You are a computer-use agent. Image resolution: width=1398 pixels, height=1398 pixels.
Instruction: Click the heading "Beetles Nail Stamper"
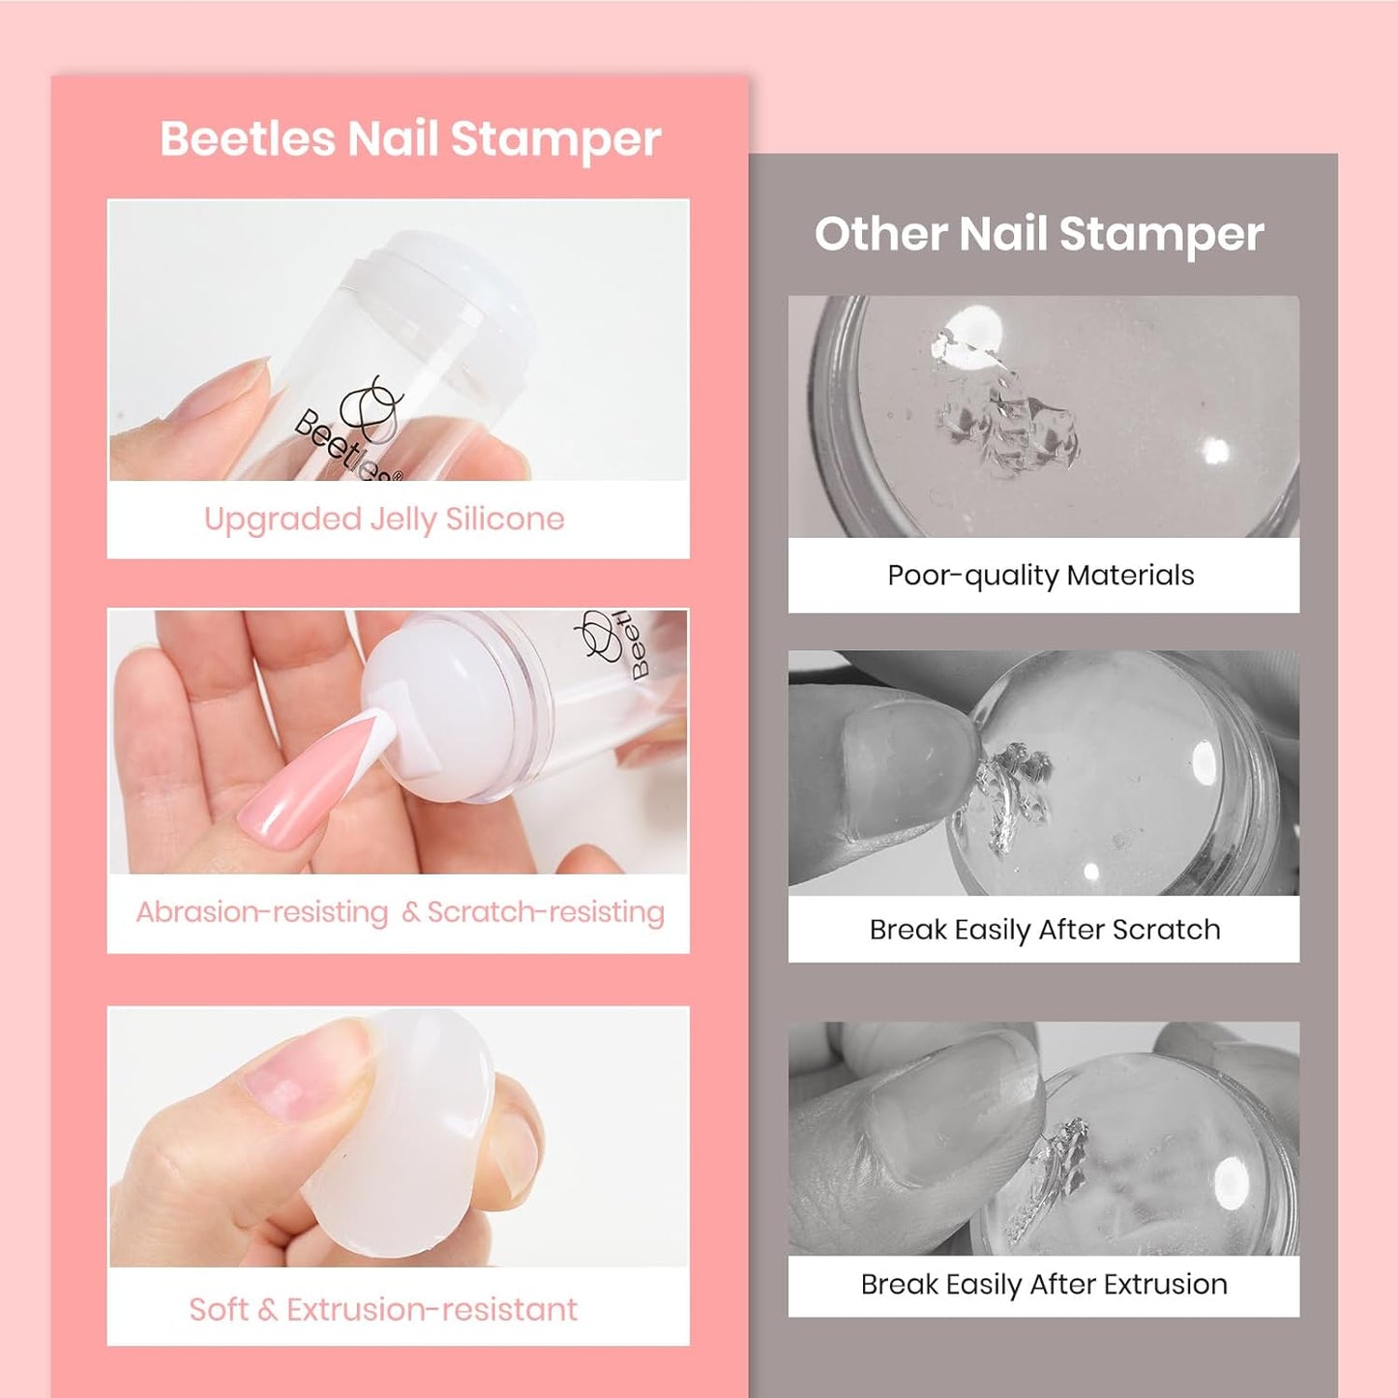[410, 138]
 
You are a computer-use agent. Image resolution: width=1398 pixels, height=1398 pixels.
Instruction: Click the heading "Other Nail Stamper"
[1039, 234]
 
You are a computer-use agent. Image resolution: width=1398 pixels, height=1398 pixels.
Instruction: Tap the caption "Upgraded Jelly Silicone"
[384, 520]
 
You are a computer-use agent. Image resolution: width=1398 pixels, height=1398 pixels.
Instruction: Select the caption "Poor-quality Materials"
[1041, 576]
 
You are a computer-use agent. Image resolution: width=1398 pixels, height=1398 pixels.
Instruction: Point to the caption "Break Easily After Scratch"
[1045, 930]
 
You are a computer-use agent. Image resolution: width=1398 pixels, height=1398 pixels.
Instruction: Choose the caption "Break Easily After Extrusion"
[1044, 1285]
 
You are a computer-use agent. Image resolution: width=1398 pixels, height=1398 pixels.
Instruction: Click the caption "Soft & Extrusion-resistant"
[383, 1310]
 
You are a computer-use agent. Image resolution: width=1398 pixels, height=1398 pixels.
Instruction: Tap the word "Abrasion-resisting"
[262, 912]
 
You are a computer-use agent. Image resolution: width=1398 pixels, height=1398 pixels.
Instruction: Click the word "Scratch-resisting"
[546, 912]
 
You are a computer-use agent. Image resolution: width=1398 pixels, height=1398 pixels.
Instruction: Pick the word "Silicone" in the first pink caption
[505, 520]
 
